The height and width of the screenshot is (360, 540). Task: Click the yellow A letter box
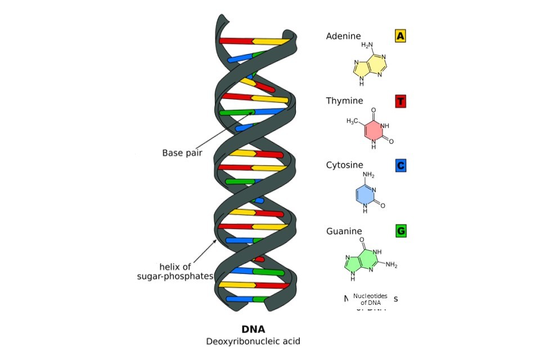[x=400, y=36]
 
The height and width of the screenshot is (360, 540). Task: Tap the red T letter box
[x=400, y=101]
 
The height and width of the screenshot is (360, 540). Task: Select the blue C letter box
[x=400, y=165]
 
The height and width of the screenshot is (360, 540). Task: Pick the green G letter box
[x=400, y=231]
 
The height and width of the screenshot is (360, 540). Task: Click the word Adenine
[x=343, y=36]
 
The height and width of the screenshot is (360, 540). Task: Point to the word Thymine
[x=344, y=101]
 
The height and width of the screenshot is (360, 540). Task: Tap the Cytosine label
[x=344, y=165]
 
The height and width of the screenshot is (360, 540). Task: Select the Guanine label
[x=344, y=231]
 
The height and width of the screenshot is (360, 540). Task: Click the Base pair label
[x=182, y=153]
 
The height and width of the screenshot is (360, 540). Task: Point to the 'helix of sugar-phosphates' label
[x=175, y=271]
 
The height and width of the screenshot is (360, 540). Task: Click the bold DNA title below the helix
[x=253, y=330]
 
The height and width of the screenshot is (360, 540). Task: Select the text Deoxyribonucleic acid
[x=253, y=341]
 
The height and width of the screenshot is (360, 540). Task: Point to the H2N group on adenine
[x=367, y=45]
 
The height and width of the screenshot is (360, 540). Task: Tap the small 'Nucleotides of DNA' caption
[x=370, y=299]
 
